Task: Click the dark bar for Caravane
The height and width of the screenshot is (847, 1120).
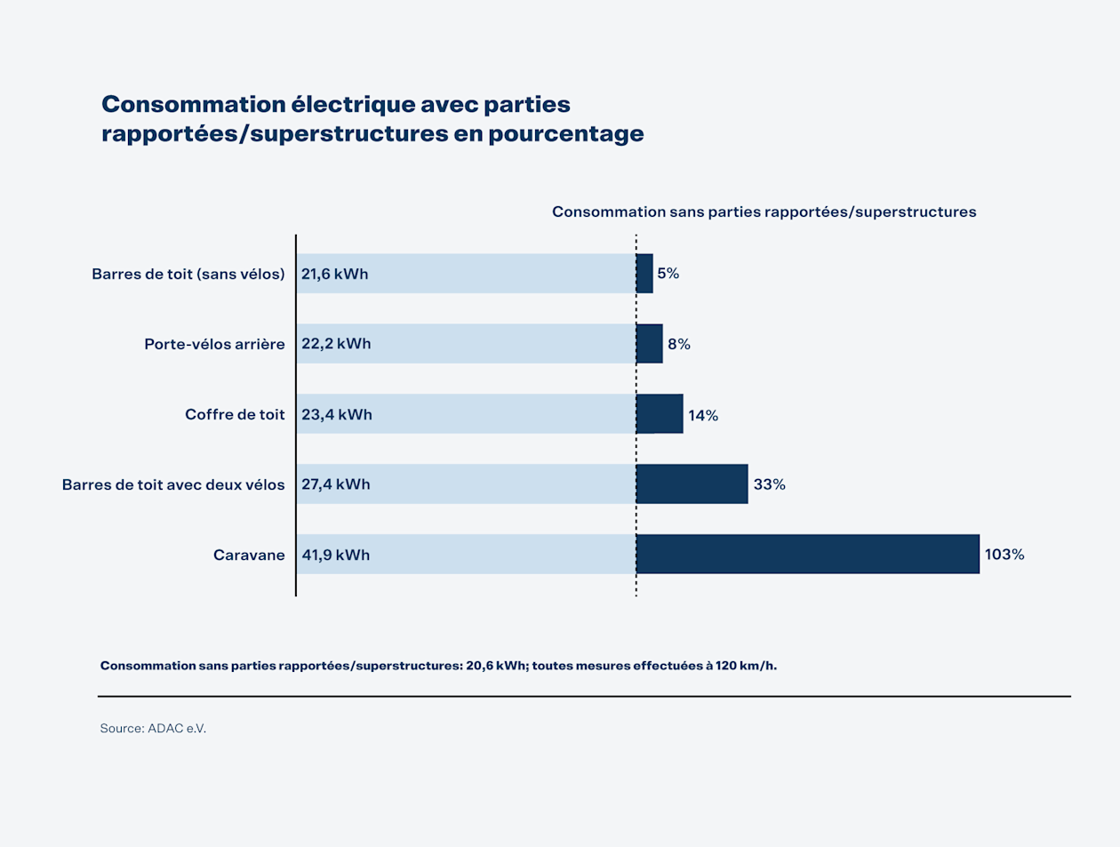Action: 807,554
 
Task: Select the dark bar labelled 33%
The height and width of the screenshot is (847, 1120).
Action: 692,483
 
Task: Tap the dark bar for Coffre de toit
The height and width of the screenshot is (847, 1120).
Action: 660,414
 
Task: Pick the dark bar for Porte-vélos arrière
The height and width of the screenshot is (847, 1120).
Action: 650,344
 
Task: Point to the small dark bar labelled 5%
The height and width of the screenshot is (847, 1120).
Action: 644,274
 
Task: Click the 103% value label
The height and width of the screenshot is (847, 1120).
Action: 1004,555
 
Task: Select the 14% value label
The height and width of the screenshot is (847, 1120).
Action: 703,415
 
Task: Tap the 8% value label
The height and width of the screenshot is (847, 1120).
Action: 679,345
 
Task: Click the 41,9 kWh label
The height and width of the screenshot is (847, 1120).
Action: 335,555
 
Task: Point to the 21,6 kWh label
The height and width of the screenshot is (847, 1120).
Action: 334,274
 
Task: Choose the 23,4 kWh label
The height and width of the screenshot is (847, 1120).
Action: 336,415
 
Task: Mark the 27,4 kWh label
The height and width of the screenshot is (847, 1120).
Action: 335,484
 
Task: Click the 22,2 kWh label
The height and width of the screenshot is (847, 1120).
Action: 336,344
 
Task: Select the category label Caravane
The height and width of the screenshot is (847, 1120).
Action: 249,555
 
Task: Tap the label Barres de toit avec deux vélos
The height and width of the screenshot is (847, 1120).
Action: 173,485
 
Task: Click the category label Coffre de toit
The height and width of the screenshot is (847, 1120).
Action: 235,414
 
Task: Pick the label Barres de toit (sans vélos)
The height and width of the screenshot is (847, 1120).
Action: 188,274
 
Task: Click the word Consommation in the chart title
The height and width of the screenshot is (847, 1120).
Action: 193,104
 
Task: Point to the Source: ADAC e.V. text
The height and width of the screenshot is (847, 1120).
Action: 153,728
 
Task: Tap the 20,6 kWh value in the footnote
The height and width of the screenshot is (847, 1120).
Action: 495,666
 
